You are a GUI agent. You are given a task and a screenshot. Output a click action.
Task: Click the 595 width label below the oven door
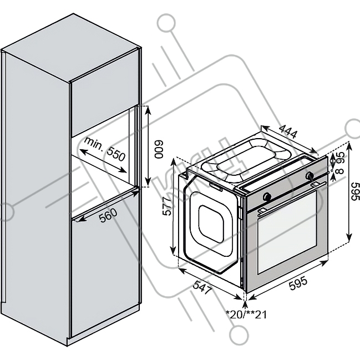(x=297, y=283)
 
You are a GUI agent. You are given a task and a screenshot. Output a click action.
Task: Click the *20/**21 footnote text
(x=246, y=315)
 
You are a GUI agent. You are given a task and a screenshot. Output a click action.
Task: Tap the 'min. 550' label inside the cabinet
(x=102, y=150)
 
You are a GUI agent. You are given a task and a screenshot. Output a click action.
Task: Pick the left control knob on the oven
(x=267, y=196)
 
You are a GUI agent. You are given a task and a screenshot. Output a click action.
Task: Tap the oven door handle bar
(x=288, y=199)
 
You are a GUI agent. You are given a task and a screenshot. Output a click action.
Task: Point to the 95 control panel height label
(x=340, y=158)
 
